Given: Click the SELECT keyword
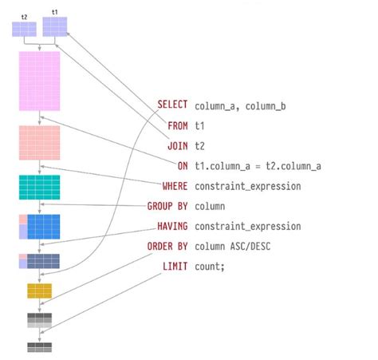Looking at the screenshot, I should click(x=172, y=105).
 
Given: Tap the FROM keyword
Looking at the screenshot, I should click(x=177, y=125).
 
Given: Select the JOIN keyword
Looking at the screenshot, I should click(x=177, y=145).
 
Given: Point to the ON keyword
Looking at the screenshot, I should click(x=183, y=166).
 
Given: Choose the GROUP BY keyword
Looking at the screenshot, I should click(x=167, y=206).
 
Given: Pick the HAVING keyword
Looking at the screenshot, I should click(x=171, y=226).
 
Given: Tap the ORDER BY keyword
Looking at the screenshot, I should click(x=167, y=246).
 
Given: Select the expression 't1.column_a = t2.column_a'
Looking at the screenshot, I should click(x=258, y=166).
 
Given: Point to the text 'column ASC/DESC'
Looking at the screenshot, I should click(x=231, y=246).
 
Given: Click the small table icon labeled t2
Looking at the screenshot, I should click(x=24, y=30).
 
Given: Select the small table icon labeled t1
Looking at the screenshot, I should click(x=54, y=27).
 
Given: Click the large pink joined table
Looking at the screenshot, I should click(x=39, y=81).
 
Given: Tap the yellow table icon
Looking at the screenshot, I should click(x=39, y=290).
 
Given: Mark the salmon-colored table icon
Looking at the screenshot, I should click(x=39, y=142).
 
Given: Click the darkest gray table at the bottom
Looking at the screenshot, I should click(x=39, y=346).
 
